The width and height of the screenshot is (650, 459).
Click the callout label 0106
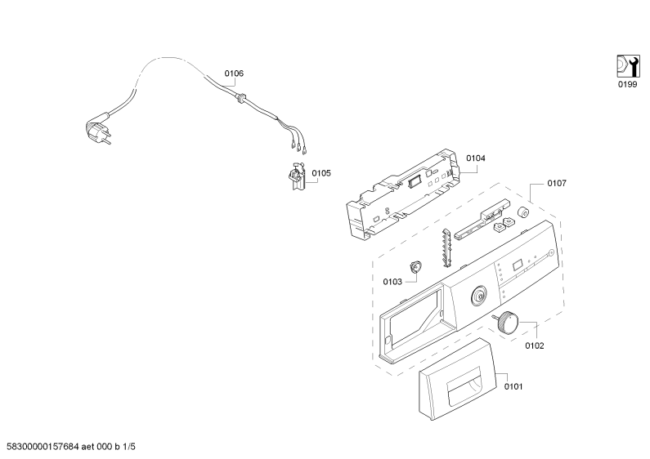pyautogui.click(x=234, y=74)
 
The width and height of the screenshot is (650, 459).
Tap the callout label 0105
pyautogui.click(x=321, y=172)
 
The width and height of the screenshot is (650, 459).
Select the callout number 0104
pyautogui.click(x=476, y=158)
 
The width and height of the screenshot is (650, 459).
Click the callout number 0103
pyautogui.click(x=392, y=282)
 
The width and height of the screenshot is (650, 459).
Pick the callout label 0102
pyautogui.click(x=535, y=345)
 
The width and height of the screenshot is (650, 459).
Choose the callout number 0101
pyautogui.click(x=513, y=386)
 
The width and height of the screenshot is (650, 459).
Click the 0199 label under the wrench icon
pyautogui.click(x=627, y=84)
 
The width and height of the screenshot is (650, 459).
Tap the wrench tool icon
pyautogui.click(x=626, y=65)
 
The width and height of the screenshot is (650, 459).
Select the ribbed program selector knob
pyautogui.click(x=508, y=322)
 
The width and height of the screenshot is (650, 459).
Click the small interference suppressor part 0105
pyautogui.click(x=297, y=176)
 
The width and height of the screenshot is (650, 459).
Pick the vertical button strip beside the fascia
pyautogui.click(x=446, y=247)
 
